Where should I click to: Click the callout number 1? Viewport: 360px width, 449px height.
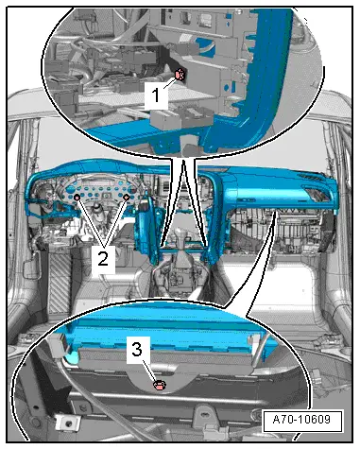point(156,95)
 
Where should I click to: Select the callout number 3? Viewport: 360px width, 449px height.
point(137,350)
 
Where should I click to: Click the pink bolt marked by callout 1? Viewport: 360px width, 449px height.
point(180,74)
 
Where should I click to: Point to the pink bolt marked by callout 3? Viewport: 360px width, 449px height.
point(160,385)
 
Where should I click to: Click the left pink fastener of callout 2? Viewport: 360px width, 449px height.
point(77,198)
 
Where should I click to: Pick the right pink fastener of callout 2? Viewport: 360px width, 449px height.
point(127,198)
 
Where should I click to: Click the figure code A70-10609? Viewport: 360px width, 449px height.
point(301,420)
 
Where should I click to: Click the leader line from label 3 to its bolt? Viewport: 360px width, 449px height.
point(149,371)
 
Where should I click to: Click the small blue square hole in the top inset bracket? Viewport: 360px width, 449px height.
point(233,85)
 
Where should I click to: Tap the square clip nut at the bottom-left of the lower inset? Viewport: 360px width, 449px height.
point(68,423)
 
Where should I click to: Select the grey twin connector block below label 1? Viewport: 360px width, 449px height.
point(181,118)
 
